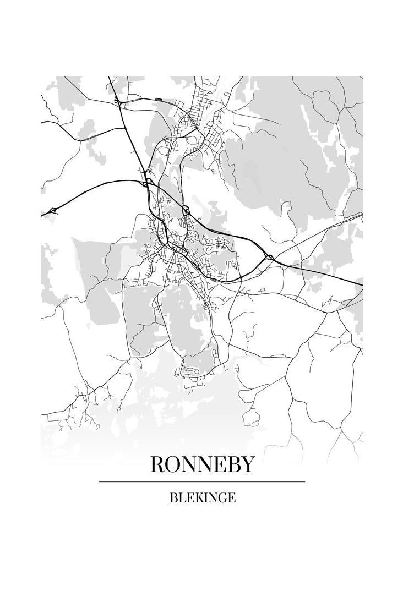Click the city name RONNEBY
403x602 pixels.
(202, 465)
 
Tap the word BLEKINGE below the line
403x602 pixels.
(203, 498)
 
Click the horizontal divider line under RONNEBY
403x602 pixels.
(202, 482)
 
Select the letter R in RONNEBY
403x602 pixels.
(157, 465)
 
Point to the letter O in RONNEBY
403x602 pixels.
(173, 465)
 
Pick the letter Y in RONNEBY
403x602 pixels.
(248, 465)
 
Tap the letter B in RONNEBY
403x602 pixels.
(233, 465)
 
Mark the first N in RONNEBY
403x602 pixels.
(189, 465)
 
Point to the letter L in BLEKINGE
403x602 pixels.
(181, 498)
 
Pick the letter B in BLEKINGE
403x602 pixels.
(173, 498)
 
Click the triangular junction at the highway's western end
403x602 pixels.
(53, 210)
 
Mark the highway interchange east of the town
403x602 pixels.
(269, 257)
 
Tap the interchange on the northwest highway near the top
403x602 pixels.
(117, 101)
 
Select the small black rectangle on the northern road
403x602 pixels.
(159, 100)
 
